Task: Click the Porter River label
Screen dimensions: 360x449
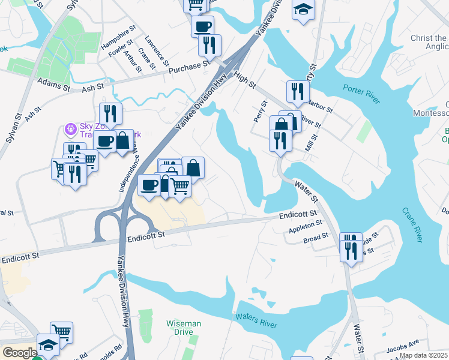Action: tap(361, 93)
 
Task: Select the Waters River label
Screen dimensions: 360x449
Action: tap(256, 320)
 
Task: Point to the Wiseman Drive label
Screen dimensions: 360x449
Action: tap(184, 328)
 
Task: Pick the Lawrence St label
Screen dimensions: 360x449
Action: tap(157, 52)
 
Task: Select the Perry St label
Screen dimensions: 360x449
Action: tap(259, 111)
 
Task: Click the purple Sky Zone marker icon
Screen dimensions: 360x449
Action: tap(71, 128)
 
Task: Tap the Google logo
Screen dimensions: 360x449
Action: tap(19, 353)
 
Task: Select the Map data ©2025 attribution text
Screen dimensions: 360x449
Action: tap(423, 355)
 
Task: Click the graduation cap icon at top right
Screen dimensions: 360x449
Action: tap(304, 9)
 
